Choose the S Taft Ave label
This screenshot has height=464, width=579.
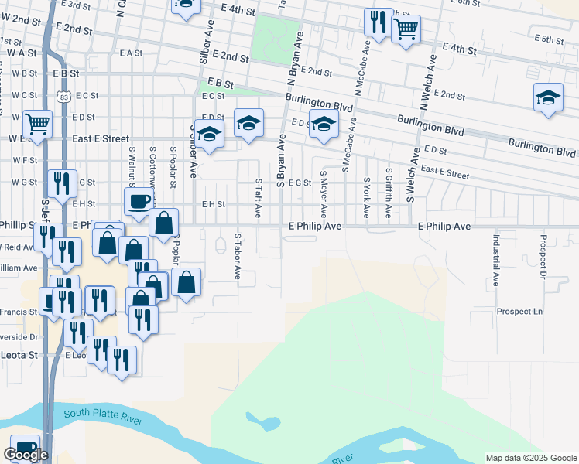259,197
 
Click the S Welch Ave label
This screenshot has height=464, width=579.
412,175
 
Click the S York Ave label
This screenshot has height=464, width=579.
366,198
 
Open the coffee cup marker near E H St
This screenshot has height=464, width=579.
139,202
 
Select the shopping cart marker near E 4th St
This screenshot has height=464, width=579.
406,30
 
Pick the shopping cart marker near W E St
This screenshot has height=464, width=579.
37,124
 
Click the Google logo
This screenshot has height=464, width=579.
26,455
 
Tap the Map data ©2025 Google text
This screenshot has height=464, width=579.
529,458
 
